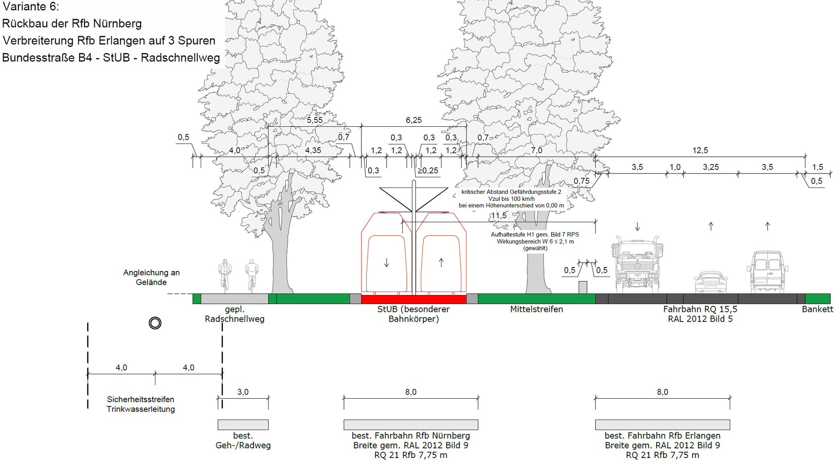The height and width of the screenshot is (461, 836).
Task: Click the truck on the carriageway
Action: click(637, 264)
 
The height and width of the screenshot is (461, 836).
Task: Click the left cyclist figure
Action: click(225, 275)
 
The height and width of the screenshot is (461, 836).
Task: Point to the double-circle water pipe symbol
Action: click(155, 323)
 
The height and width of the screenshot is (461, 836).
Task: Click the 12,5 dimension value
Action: click(700, 150)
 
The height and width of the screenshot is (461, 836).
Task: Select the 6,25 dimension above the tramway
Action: click(414, 120)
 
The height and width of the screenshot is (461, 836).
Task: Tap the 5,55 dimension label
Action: click(315, 120)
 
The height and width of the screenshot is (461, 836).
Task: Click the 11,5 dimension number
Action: click(499, 216)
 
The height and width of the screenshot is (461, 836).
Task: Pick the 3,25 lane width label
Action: click(711, 167)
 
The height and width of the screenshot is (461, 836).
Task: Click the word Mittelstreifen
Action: click(536, 309)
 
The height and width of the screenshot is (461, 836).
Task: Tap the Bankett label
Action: click(817, 309)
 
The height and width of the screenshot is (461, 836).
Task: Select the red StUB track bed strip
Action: click(414, 299)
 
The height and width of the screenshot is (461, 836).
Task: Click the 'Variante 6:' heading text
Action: click(30, 7)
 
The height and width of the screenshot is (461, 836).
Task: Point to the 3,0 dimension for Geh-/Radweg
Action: click(243, 392)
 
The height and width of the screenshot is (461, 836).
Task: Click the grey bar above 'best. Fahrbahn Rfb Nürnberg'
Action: click(411, 424)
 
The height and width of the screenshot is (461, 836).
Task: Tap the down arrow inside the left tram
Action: click(386, 263)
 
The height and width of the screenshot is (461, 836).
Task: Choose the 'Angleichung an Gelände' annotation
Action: click(151, 277)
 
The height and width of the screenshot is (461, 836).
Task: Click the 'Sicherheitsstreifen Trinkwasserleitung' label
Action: click(141, 404)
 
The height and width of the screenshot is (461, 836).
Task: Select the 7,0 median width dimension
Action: click(536, 150)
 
